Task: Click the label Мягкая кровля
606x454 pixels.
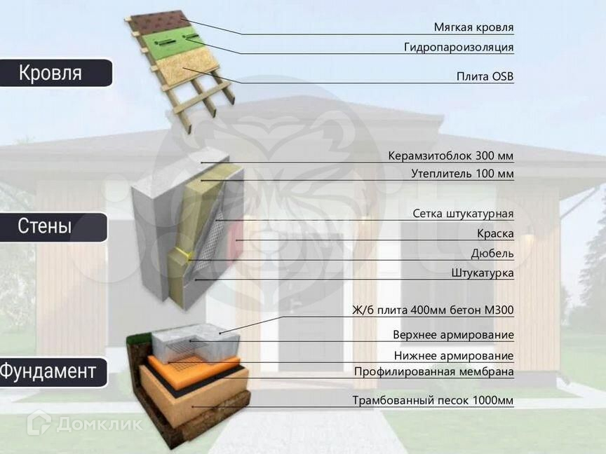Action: [473, 28]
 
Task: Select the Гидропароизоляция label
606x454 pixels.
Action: [459, 48]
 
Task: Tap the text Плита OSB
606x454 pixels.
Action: [485, 76]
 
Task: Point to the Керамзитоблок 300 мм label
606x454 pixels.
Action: [451, 156]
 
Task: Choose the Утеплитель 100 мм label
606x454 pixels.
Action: [462, 174]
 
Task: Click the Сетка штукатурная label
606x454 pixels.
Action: [463, 214]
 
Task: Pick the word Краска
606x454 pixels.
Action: [495, 233]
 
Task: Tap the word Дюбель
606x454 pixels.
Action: [492, 253]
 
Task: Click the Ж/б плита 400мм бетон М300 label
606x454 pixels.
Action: [433, 310]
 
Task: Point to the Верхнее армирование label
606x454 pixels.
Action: [453, 335]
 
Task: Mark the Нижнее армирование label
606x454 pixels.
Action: [453, 356]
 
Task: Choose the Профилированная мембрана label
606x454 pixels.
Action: [433, 371]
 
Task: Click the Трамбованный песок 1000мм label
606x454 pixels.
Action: [433, 401]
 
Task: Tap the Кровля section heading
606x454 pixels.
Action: [50, 73]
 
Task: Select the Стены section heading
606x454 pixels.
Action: [45, 227]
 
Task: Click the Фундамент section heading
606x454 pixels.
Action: [48, 371]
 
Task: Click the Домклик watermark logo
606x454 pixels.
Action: [84, 423]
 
